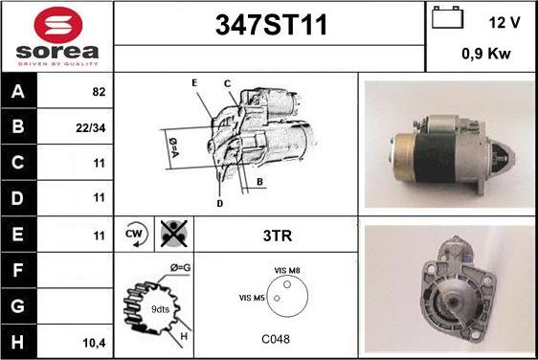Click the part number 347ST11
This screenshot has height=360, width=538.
point(271,25)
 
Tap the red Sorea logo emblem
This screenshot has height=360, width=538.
point(58,25)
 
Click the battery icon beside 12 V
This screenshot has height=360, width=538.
point(447,17)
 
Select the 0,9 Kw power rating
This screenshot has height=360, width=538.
point(486,54)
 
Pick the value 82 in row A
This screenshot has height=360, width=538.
point(99,92)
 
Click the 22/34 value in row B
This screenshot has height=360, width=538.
point(91,128)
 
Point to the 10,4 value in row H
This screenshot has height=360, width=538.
point(95,343)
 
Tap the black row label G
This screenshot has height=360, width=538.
point(18,306)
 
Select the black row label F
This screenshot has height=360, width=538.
point(18,270)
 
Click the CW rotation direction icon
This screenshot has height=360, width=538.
point(135,234)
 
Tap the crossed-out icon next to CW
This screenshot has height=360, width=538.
point(174,234)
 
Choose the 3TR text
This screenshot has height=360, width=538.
point(278,236)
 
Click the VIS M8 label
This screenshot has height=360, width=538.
point(287,270)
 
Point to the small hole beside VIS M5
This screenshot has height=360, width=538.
point(277,298)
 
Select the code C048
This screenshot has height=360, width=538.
point(276,339)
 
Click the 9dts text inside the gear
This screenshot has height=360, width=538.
point(160,309)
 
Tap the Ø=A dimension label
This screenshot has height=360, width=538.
point(174,147)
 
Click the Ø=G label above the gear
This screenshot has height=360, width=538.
point(181,268)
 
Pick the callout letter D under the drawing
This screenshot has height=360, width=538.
point(220,204)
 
